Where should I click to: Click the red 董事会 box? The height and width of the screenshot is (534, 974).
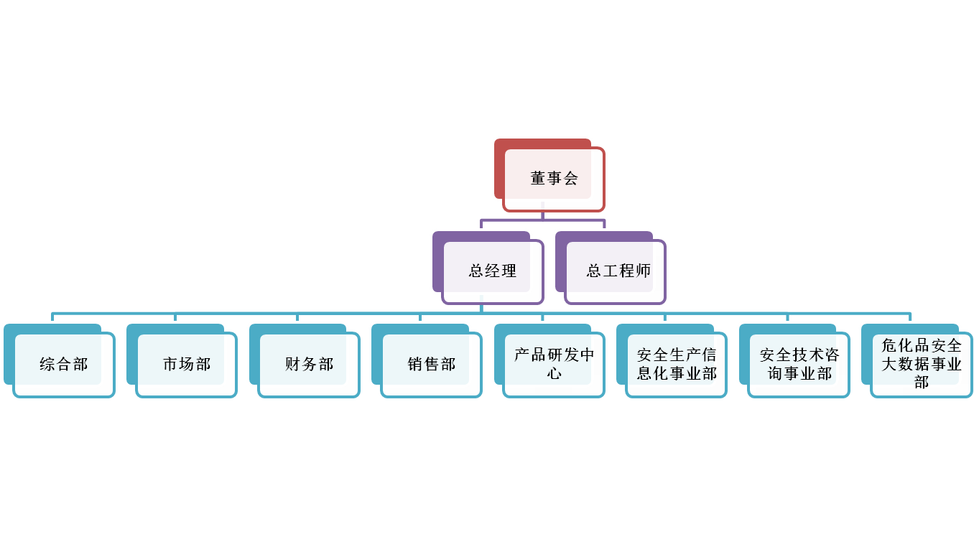[x=549, y=175]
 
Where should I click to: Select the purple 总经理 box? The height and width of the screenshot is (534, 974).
[x=488, y=268]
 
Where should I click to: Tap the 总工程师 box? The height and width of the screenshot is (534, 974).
[x=611, y=268]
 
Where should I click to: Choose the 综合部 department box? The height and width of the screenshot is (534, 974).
[x=60, y=360]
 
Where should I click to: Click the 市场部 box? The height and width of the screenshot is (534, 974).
[x=182, y=360]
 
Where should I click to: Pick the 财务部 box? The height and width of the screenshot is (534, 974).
[x=305, y=360]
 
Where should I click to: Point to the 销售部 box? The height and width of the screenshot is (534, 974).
[x=427, y=360]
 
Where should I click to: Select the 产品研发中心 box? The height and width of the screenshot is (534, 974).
[x=549, y=360]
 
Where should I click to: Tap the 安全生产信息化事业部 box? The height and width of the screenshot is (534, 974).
[x=672, y=360]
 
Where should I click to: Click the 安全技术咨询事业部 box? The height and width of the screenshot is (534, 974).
[x=795, y=360]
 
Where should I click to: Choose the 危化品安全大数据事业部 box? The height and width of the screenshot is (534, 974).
[x=917, y=360]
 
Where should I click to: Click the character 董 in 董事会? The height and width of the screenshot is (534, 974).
[x=538, y=178]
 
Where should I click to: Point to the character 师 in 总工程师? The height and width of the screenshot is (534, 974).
[x=643, y=271]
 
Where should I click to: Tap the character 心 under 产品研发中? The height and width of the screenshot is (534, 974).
[x=554, y=373]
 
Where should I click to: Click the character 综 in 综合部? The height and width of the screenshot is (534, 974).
[x=47, y=364]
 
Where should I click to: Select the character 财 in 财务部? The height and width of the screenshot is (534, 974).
[x=292, y=364]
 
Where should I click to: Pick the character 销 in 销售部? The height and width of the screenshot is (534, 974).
[x=415, y=364]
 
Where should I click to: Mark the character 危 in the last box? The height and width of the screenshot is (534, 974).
[x=889, y=345]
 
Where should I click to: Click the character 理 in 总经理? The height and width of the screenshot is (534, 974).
[x=509, y=271]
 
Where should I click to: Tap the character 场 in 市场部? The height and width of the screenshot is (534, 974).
[x=187, y=364]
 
